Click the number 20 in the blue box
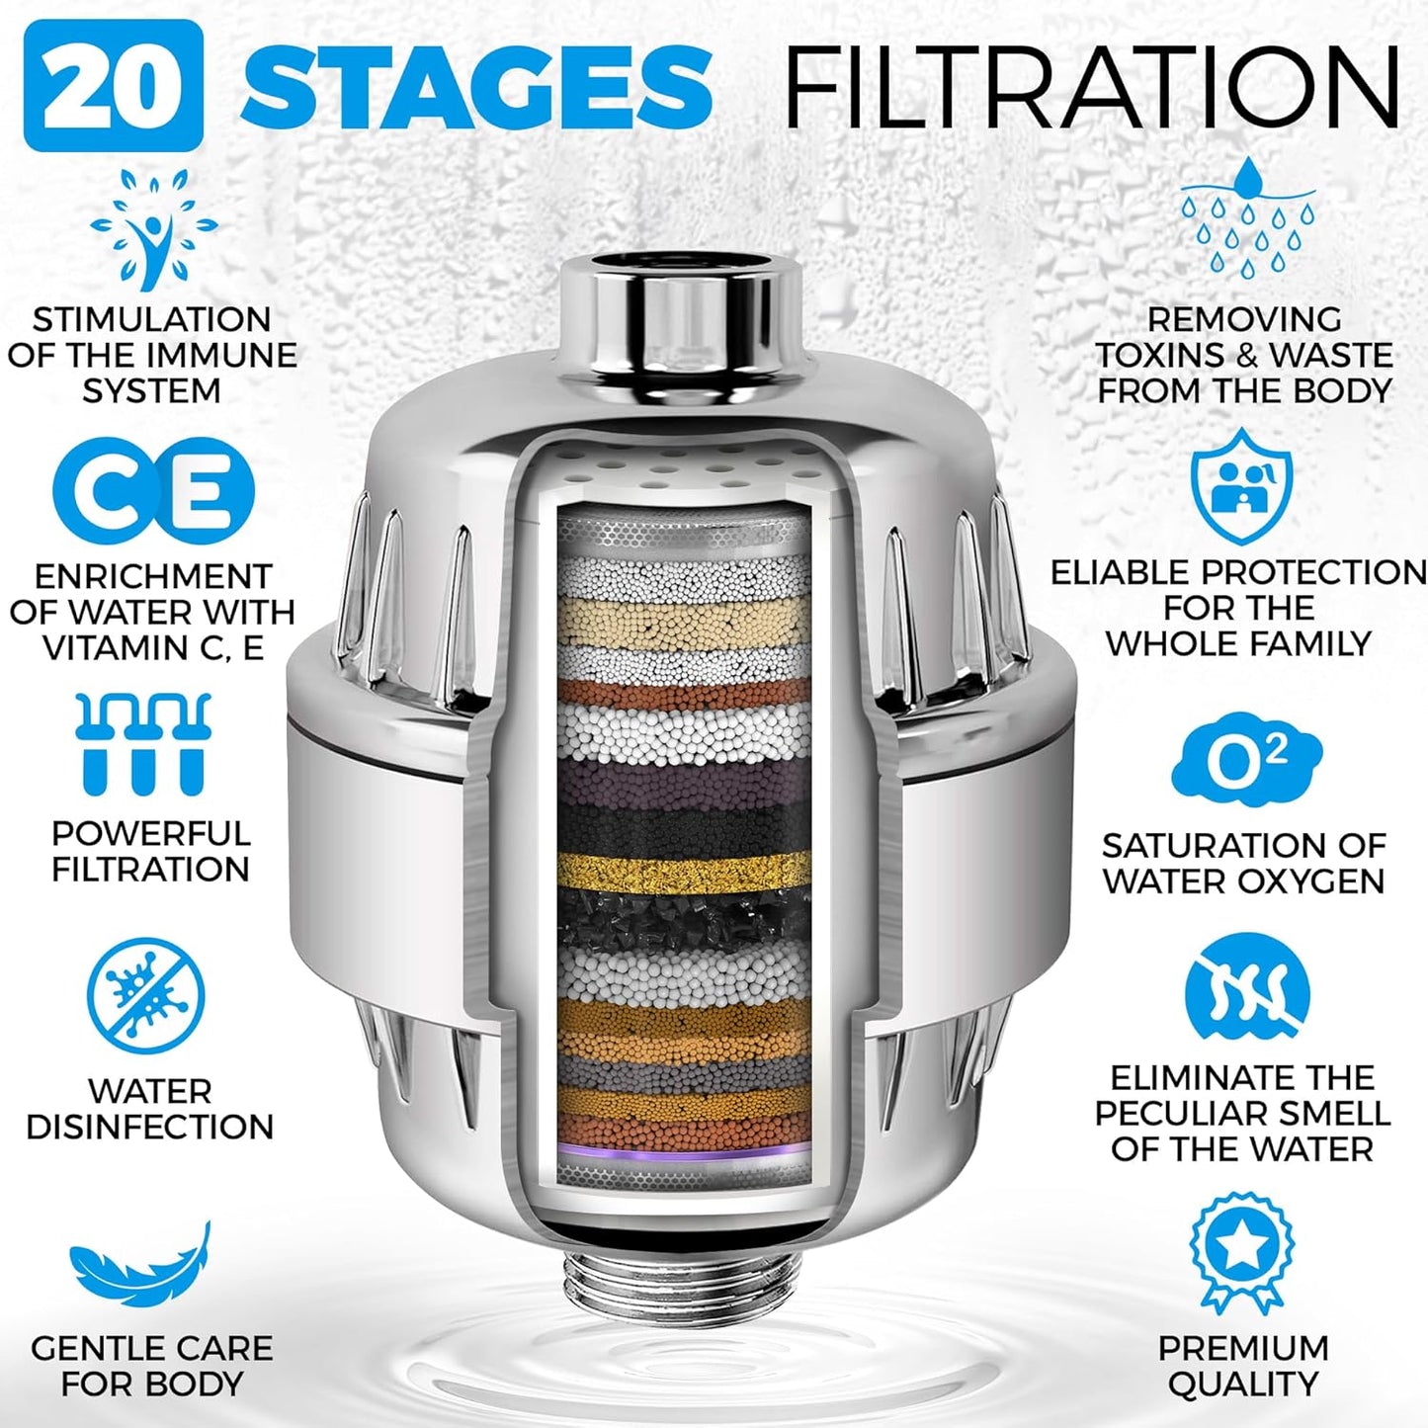point(113,86)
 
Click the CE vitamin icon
point(153,491)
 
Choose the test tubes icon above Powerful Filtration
point(144,743)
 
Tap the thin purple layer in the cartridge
point(684,1150)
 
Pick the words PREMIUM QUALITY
point(1243,1366)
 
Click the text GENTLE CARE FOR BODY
point(151,1366)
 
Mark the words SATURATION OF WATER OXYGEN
point(1243,863)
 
